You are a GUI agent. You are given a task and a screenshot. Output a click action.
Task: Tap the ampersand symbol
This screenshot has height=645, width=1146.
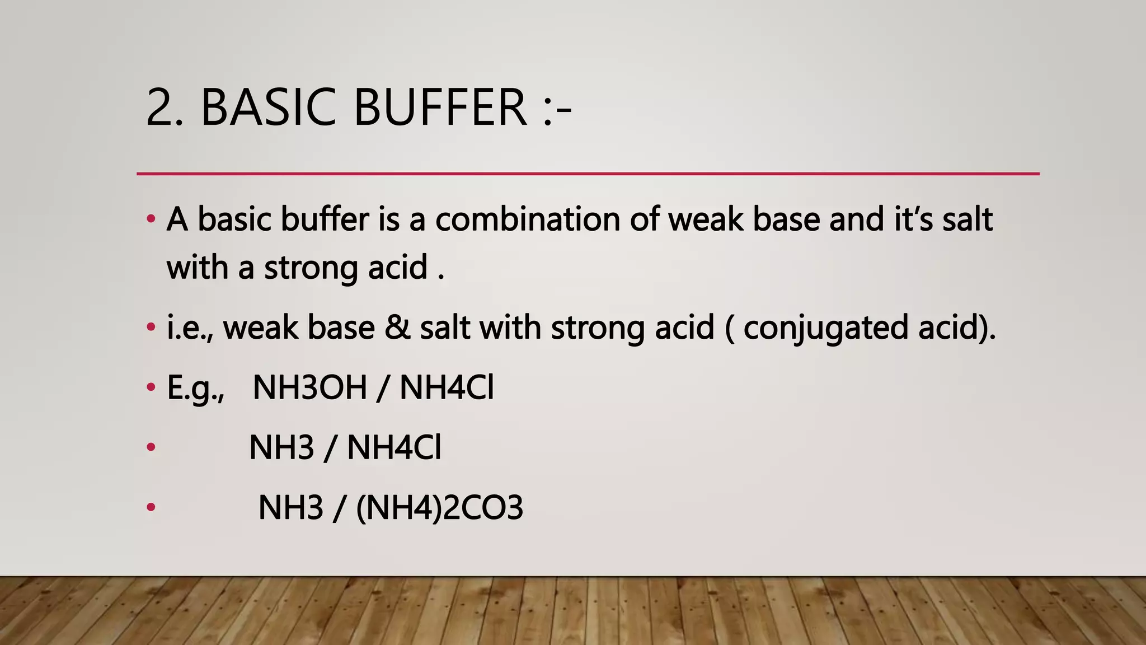tap(397, 328)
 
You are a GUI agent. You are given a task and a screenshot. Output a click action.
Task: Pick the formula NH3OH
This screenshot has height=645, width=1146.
tap(309, 387)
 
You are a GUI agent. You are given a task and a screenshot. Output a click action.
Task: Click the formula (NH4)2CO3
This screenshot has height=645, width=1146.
tap(439, 508)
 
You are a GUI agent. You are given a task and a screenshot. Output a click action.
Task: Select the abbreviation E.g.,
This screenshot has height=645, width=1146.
tap(195, 388)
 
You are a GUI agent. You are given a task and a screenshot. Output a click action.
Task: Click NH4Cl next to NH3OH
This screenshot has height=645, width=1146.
tap(447, 387)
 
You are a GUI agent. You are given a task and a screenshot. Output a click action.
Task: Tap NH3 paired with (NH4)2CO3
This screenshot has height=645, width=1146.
tap(290, 508)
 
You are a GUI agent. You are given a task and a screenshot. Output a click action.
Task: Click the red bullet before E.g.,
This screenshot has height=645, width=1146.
tap(151, 387)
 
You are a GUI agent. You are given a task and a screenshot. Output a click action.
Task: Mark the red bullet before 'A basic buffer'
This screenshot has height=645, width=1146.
tap(151, 219)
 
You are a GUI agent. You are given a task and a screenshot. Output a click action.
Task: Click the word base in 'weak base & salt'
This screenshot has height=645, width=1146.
tap(341, 328)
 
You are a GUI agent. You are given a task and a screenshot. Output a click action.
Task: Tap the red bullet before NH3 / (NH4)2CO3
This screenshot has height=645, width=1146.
tap(151, 507)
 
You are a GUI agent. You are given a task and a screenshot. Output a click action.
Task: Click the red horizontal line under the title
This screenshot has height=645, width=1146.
tap(588, 174)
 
